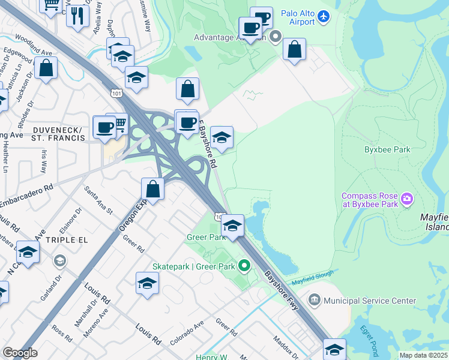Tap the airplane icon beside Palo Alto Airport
click(x=325, y=15)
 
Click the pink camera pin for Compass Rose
click(x=407, y=199)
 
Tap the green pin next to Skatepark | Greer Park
click(x=244, y=265)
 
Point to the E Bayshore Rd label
click(x=208, y=146)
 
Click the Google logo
click(x=20, y=353)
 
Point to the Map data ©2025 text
click(x=423, y=355)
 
